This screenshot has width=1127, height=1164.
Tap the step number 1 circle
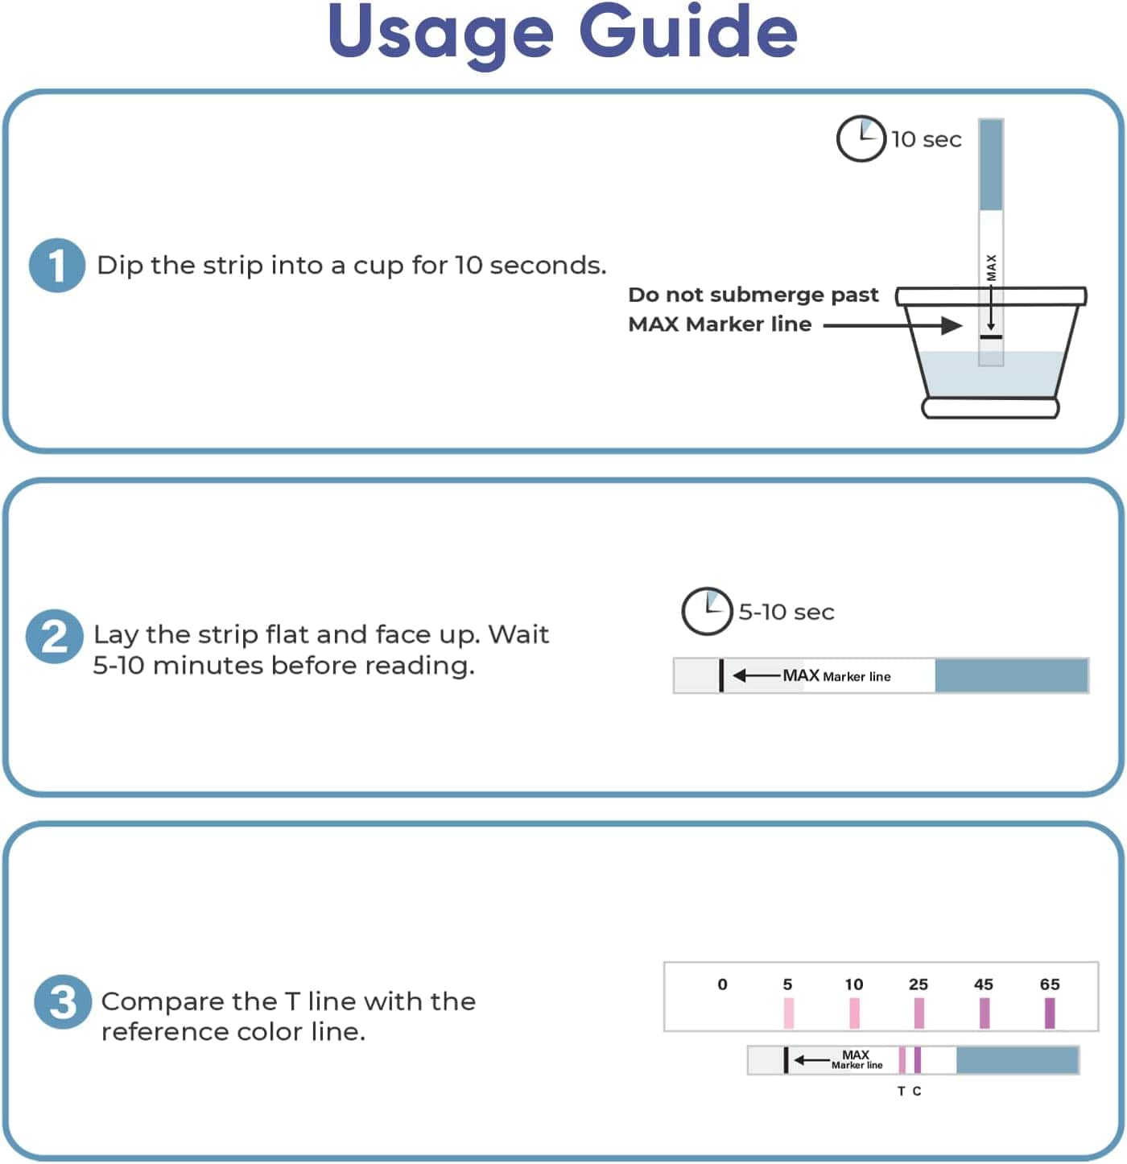coord(57,265)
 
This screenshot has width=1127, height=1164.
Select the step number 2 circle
coord(54,637)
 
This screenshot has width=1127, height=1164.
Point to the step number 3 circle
coord(62,1002)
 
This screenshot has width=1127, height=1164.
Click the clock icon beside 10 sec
coord(861,139)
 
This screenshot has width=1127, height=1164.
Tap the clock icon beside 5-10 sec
coord(706,612)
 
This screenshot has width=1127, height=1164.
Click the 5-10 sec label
coord(786,612)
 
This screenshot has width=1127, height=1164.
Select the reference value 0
coord(722,984)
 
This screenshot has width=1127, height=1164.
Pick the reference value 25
coord(919,984)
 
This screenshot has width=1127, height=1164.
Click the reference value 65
coord(1050,984)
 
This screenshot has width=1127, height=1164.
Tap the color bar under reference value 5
coord(789,1013)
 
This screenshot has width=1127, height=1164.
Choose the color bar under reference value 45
coord(985,1013)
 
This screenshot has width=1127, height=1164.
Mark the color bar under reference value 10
coord(854,1013)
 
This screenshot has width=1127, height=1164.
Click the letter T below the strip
coord(902,1092)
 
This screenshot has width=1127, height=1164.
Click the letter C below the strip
coord(917,1092)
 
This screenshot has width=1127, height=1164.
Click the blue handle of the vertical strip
coord(991,164)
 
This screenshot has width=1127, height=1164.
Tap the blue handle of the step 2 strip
coord(1011,675)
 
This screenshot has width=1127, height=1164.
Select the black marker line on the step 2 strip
coord(721,675)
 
